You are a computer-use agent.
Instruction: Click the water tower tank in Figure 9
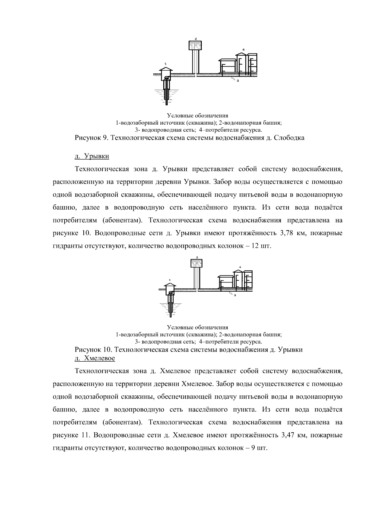(x=195, y=46)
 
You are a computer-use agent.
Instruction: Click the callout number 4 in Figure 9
(x=243, y=49)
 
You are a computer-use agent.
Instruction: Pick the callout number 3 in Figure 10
(x=234, y=295)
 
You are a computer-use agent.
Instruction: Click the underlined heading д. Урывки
(x=92, y=156)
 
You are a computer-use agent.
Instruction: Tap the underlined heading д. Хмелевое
(x=95, y=358)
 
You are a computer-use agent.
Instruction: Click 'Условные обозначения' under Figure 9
(x=197, y=116)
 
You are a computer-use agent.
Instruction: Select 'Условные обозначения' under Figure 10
(x=197, y=327)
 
